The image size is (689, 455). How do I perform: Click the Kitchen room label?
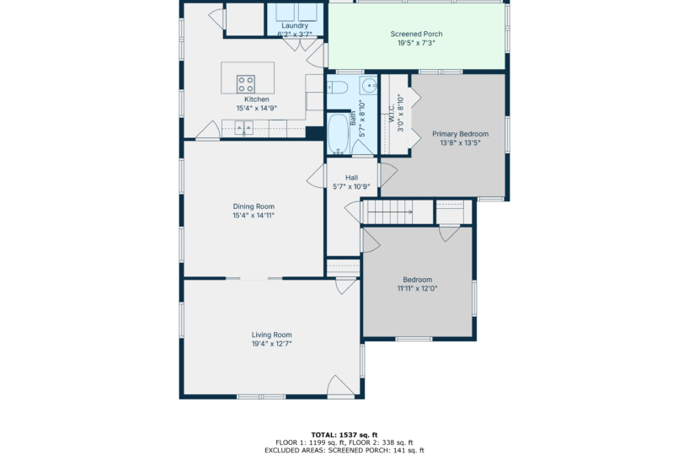coord(257,99)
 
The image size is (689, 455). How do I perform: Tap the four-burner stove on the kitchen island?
coord(246,84)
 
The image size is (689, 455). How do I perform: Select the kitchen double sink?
coord(243,128)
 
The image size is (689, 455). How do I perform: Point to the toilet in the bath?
coord(338,88)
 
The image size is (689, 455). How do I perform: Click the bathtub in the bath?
coord(339,133)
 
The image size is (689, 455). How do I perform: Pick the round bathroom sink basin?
coord(369,85)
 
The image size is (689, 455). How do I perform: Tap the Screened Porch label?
coord(417,34)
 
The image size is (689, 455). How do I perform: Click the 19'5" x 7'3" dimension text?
coord(417,43)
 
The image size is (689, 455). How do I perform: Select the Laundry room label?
coord(295,26)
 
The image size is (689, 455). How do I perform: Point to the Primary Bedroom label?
coord(460,134)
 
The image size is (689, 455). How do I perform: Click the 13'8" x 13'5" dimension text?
coord(460,143)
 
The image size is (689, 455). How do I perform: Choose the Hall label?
coord(351,178)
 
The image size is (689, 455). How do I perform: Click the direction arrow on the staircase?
coord(390,211)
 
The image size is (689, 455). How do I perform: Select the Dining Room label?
coord(254,206)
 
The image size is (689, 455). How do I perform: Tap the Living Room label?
coord(271,335)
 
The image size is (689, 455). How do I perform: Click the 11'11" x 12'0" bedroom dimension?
coord(418,289)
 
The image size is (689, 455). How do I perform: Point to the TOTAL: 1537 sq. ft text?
coord(344,436)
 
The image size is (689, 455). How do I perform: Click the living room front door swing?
coord(341,386)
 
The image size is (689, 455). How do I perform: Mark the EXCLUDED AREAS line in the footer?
coord(344,450)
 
